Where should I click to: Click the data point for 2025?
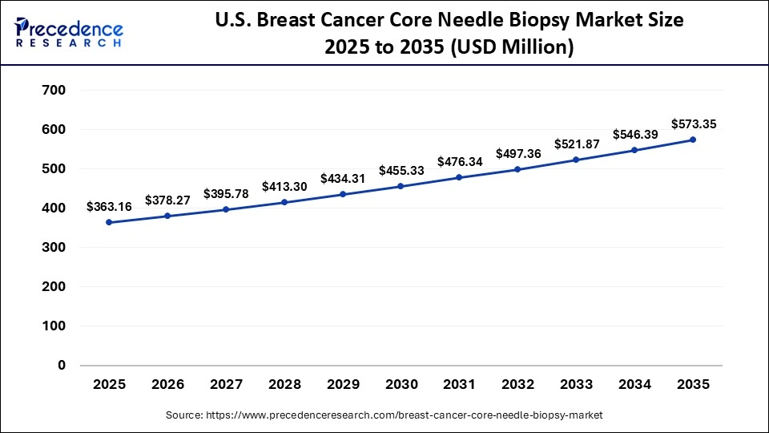[x=109, y=222]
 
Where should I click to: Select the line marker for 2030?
[x=401, y=186]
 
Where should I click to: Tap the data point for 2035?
[x=693, y=140]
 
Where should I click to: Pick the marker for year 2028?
[x=284, y=202]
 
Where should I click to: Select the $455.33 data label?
[x=401, y=170]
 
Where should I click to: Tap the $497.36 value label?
[x=518, y=153]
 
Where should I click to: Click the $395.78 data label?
[x=226, y=193]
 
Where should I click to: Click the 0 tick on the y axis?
[x=61, y=366]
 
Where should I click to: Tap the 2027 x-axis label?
[x=226, y=385]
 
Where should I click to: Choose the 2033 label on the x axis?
[x=576, y=385]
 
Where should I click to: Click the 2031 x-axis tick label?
[x=459, y=385]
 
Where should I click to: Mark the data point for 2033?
[x=576, y=160]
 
